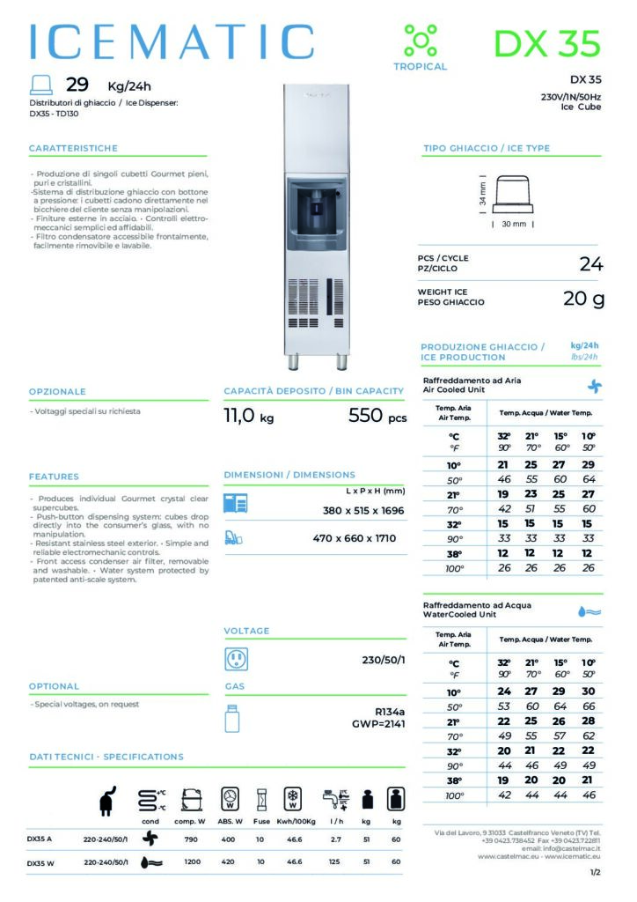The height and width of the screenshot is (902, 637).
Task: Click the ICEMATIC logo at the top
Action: pos(172,41)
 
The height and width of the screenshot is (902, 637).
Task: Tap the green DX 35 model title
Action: pos(546,42)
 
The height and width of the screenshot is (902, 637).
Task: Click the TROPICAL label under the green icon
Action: pos(420,67)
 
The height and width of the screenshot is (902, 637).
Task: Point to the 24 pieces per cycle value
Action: pos(591,263)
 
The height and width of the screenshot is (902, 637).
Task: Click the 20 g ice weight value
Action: pos(583,299)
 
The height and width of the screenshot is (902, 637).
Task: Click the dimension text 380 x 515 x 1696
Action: pos(362,510)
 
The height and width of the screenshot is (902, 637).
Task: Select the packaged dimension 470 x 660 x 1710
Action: pos(362,538)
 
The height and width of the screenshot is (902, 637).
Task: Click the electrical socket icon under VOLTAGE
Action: pos(236,659)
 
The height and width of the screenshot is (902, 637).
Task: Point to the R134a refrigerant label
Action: pos(390,713)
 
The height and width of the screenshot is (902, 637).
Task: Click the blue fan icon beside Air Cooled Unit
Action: pos(595,386)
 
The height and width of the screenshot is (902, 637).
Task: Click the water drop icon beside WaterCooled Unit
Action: pos(589,610)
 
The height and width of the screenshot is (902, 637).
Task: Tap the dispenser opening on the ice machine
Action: pos(315,212)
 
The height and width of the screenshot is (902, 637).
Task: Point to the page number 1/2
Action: pos(596,873)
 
